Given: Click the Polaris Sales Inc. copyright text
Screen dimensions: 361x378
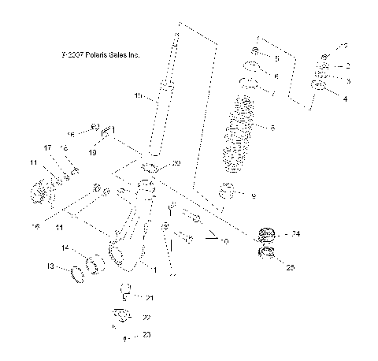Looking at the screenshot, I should click(x=99, y=55).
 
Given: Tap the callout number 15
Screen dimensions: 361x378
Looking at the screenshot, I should click(x=138, y=97).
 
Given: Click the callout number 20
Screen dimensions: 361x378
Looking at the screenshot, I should click(x=176, y=163).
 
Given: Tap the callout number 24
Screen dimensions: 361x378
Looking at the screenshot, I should click(x=296, y=234).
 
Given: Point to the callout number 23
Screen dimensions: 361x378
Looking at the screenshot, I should click(x=145, y=335).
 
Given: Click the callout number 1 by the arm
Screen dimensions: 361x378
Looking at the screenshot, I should click(x=155, y=270).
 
